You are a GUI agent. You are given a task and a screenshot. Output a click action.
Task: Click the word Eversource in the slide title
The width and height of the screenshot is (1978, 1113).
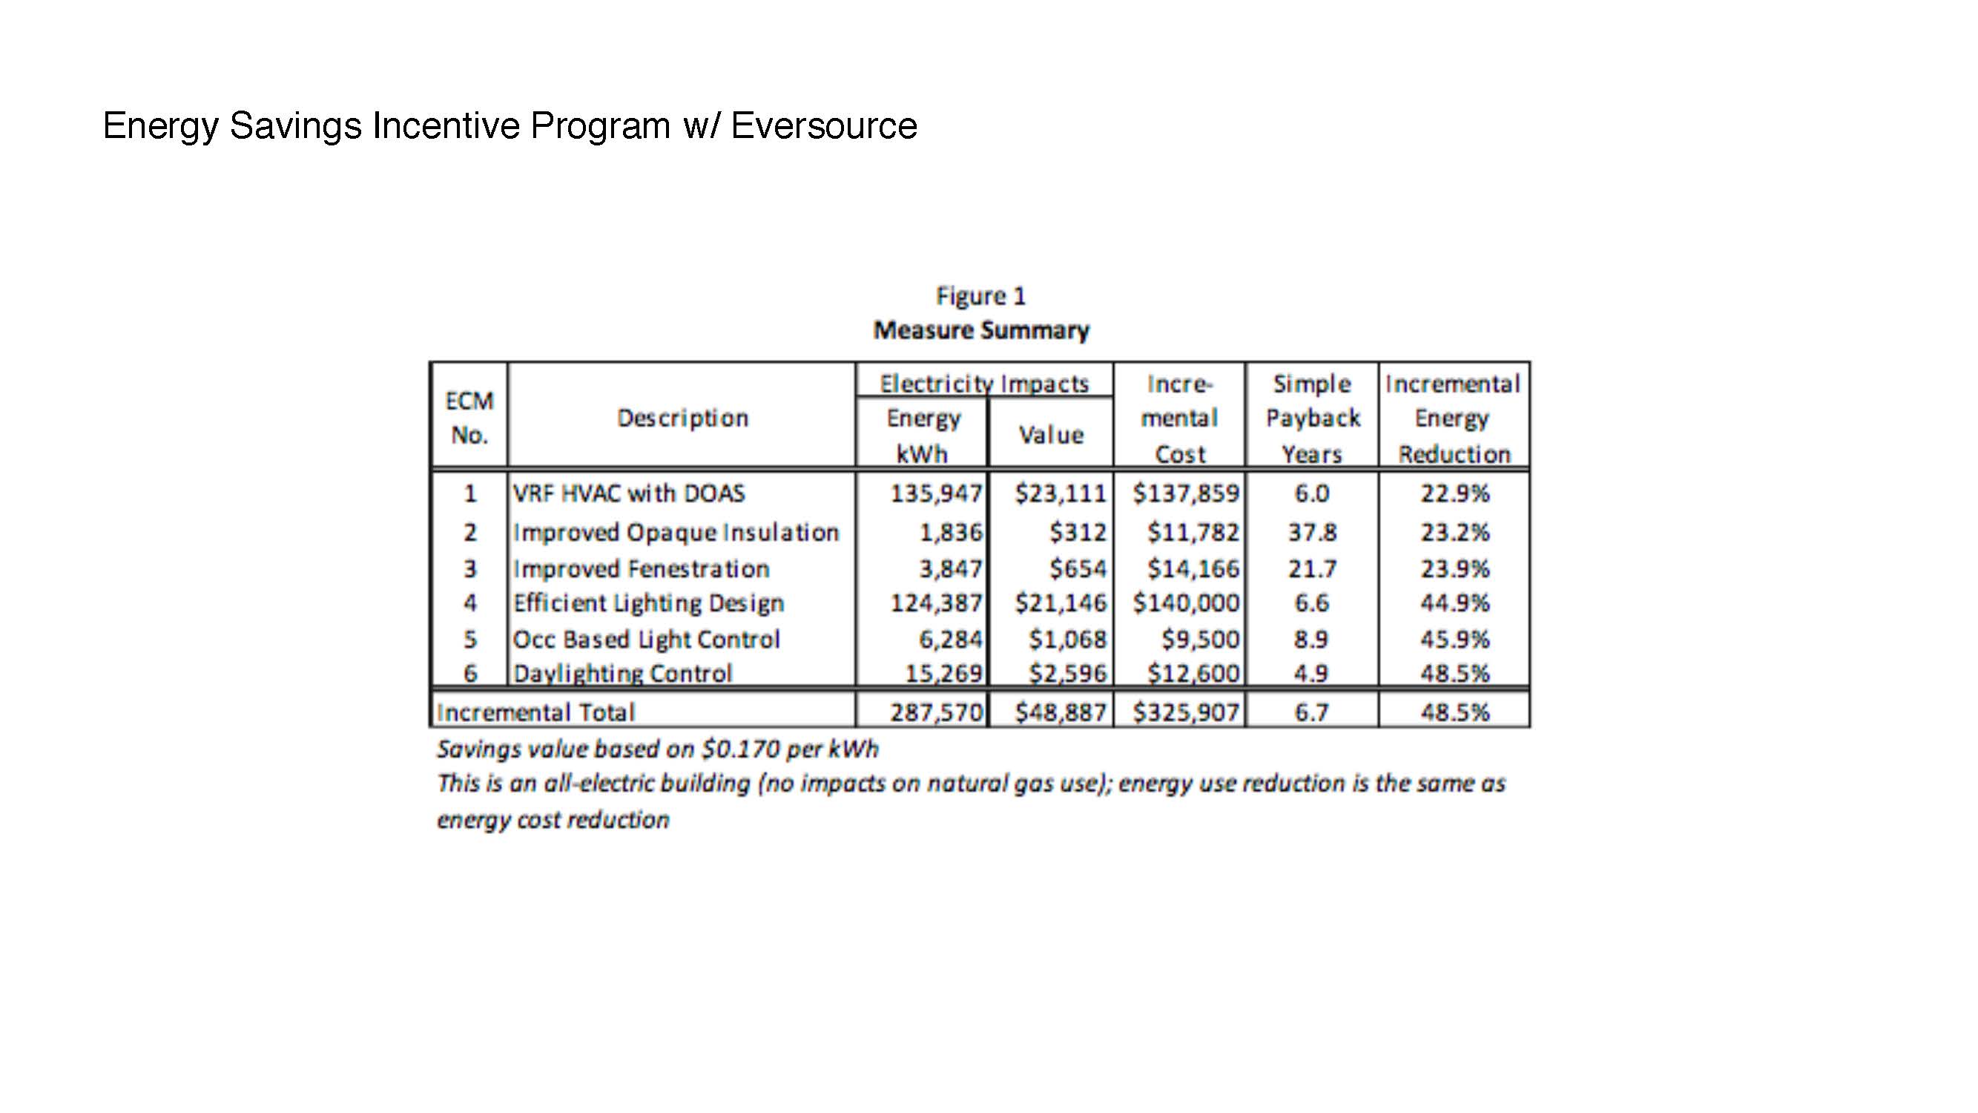824,125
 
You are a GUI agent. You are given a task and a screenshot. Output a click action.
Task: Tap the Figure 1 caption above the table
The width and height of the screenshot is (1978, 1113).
980,296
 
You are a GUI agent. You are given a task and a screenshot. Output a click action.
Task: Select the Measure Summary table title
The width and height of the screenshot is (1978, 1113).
981,330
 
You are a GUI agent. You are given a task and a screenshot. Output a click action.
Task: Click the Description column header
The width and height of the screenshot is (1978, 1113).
682,418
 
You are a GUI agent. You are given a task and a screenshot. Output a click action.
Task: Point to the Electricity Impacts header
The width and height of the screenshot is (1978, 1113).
984,384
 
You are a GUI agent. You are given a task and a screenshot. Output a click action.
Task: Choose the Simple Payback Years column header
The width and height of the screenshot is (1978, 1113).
1312,418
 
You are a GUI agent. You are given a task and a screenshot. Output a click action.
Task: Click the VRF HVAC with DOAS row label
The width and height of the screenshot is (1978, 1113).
629,493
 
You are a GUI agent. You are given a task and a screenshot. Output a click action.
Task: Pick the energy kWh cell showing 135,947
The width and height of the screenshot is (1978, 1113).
936,493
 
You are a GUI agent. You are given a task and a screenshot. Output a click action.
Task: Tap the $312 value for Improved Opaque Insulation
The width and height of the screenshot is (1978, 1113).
1078,531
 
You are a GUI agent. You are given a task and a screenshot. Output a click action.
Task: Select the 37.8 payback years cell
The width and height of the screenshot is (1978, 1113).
1312,531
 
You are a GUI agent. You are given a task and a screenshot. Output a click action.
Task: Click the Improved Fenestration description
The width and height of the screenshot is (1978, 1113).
641,568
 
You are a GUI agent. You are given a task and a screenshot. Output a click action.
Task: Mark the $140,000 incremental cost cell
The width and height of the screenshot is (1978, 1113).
1187,603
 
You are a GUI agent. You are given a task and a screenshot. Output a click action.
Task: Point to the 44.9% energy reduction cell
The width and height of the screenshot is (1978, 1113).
1454,603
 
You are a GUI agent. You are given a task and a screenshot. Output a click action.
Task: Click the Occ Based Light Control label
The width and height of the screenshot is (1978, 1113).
647,639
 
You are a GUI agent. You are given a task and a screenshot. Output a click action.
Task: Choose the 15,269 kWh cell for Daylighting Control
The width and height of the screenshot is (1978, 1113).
943,674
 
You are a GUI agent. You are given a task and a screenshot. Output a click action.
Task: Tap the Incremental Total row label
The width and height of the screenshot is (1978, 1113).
536,712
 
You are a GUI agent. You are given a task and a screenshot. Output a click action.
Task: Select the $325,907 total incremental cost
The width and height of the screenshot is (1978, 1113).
1187,712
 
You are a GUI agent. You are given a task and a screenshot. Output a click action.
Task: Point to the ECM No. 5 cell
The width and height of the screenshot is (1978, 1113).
470,639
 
